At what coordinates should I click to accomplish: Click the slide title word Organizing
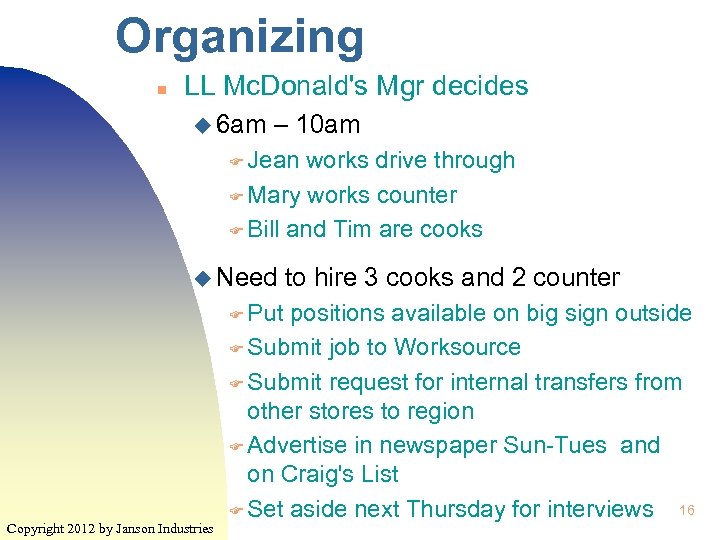tap(240, 36)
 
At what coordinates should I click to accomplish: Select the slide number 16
tap(687, 511)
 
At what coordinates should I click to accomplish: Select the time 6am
tap(242, 126)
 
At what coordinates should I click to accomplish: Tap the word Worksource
tap(457, 347)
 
